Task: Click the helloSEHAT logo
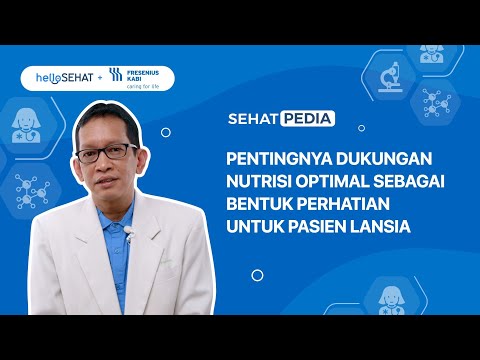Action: coord(54,76)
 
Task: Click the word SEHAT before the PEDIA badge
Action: coord(254,118)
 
